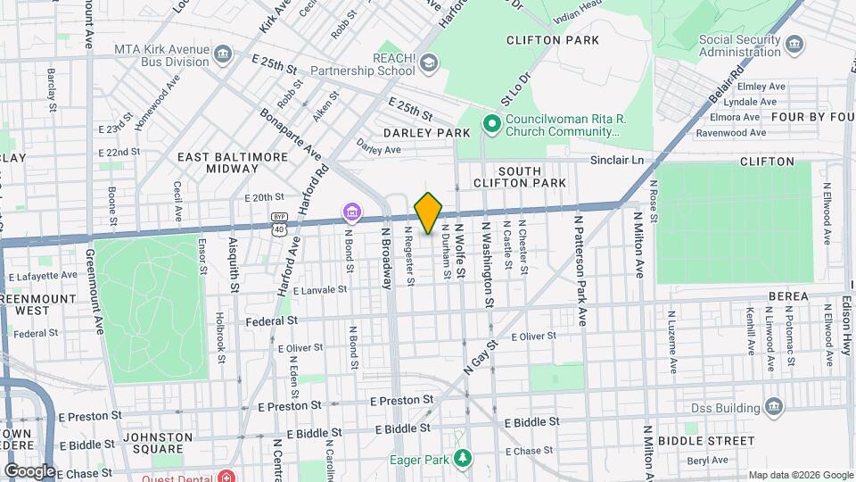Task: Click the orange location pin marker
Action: (428, 212)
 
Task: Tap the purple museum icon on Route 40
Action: (353, 212)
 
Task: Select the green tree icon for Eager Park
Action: (461, 459)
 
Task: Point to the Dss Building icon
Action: (773, 407)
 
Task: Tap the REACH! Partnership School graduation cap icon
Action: (430, 62)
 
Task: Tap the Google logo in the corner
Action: (29, 470)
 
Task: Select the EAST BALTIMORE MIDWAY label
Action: (233, 162)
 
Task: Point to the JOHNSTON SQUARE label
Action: (157, 443)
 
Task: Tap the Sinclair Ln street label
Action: (616, 161)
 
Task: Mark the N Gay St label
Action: (479, 354)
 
